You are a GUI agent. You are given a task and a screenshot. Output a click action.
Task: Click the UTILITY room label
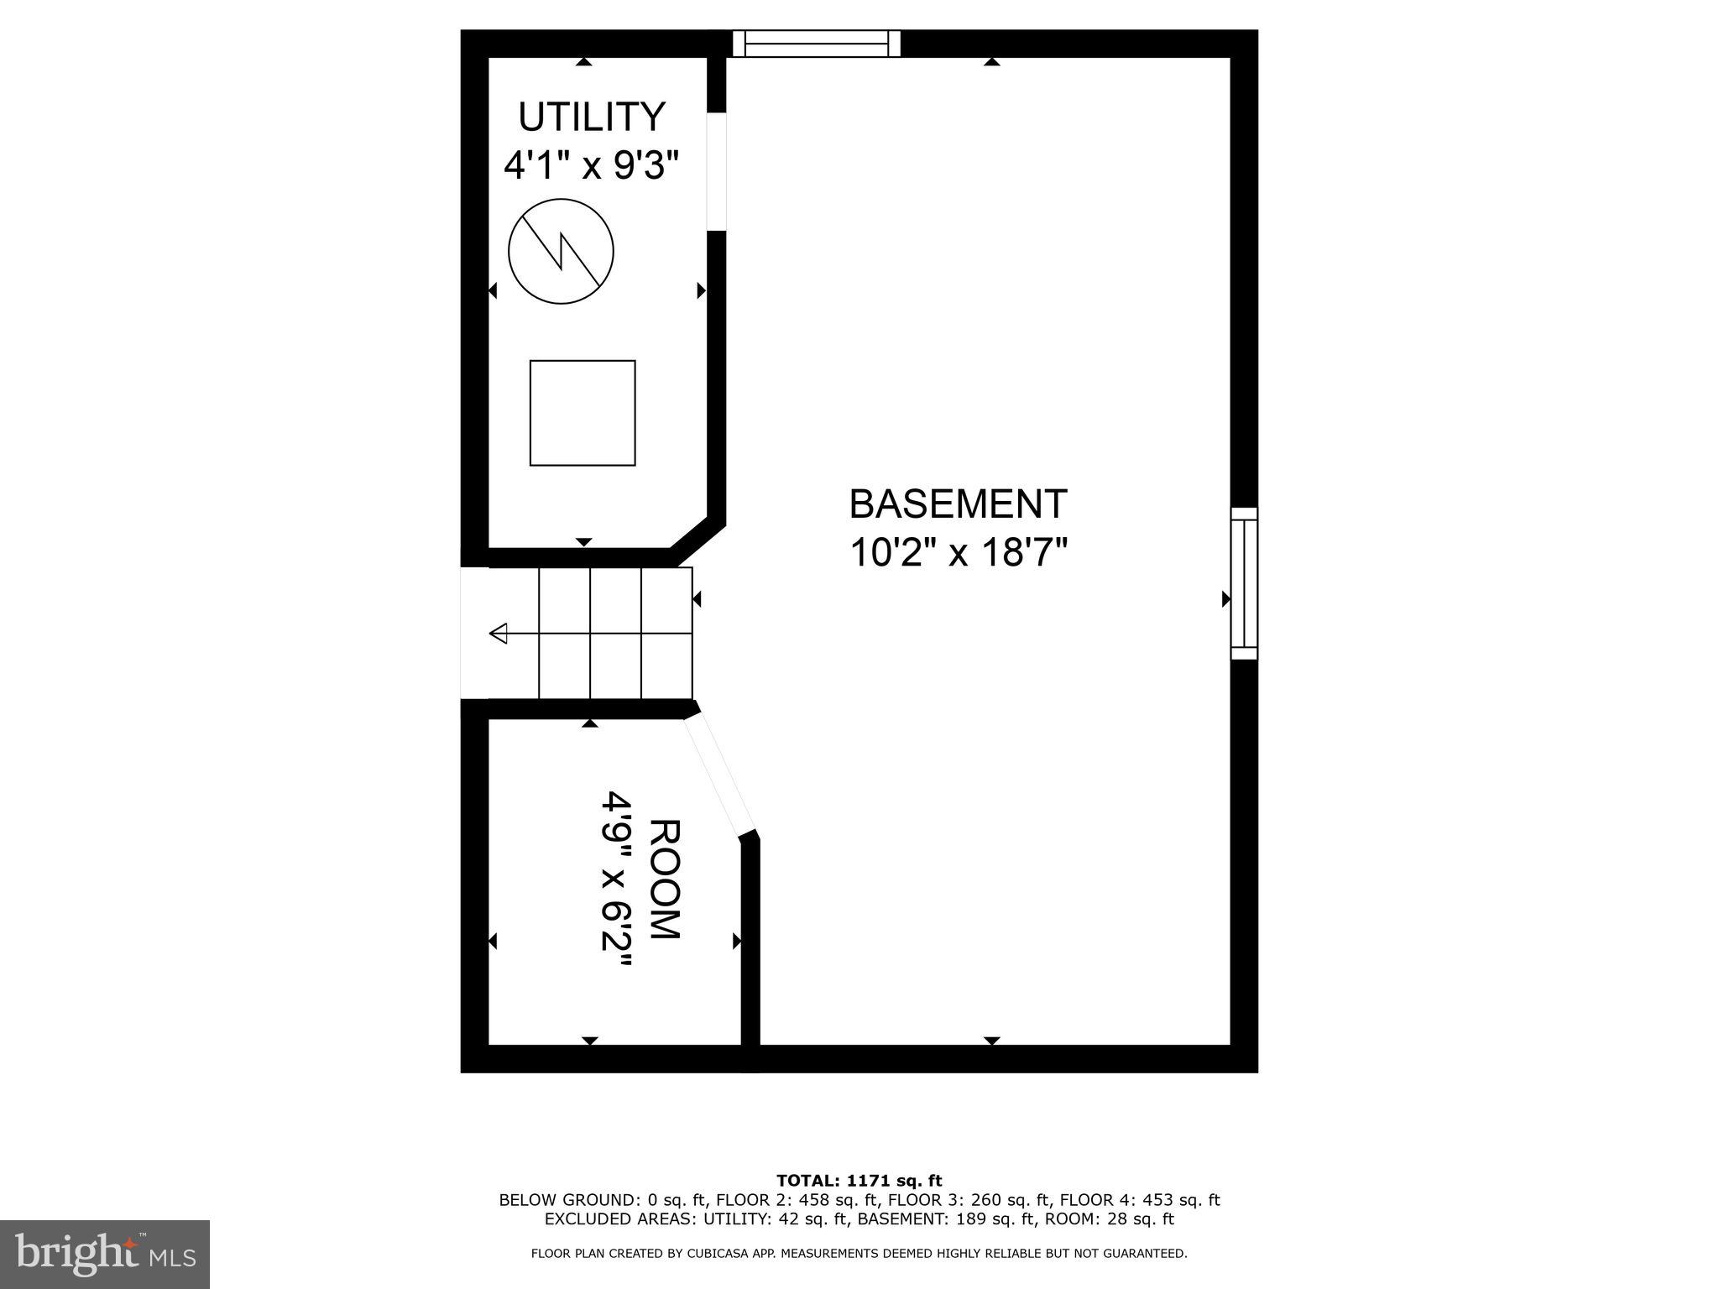pos(592,117)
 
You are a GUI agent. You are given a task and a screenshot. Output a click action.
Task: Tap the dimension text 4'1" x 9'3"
pos(590,165)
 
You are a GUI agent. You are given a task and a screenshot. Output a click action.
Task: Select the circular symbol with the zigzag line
pos(562,251)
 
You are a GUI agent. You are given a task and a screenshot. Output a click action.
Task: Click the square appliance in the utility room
pos(583,413)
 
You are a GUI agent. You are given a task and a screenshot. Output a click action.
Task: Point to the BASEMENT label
pos(958,504)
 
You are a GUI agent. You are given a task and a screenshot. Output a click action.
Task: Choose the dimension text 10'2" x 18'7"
pos(958,553)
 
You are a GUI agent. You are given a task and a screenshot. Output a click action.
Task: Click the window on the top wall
pos(816,44)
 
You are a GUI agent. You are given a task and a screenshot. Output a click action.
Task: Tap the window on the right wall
pos(1244,583)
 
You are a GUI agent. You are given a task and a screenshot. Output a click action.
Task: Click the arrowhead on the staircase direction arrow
pos(499,634)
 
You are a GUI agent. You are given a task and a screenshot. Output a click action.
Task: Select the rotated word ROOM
pos(664,879)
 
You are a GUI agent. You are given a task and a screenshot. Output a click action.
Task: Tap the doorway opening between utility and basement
pos(716,171)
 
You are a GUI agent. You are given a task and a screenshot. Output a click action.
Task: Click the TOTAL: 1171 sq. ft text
pos(859,1181)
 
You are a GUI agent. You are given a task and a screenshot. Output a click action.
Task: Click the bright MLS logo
pos(105,1255)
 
